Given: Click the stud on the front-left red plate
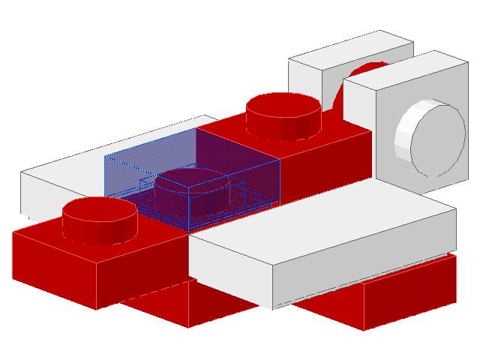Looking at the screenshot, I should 99,217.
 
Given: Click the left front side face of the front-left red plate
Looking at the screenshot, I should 52,266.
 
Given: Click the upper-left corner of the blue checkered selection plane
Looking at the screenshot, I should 106,154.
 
